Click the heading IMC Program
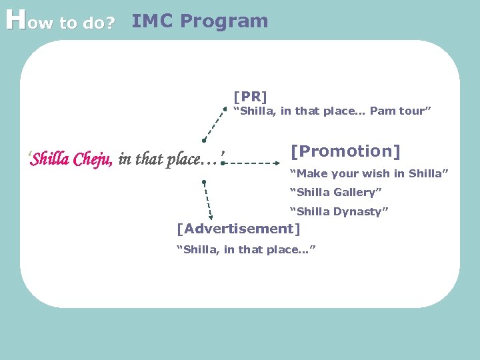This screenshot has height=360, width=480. [x=199, y=21]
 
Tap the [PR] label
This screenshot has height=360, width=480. [x=250, y=97]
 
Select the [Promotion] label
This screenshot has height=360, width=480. [x=345, y=152]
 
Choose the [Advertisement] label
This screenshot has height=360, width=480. [x=237, y=229]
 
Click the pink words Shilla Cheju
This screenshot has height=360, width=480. [x=72, y=159]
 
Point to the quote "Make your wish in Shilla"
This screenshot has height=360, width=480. [x=368, y=174]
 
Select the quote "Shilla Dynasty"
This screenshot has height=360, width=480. [x=338, y=212]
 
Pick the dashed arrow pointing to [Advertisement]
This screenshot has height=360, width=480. [x=207, y=200]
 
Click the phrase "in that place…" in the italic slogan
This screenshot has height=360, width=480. [x=170, y=159]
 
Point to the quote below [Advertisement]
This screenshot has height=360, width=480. [x=245, y=249]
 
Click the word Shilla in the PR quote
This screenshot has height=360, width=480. [x=254, y=111]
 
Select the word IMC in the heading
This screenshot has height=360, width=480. [x=153, y=21]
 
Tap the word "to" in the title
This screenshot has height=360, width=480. [x=69, y=24]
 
